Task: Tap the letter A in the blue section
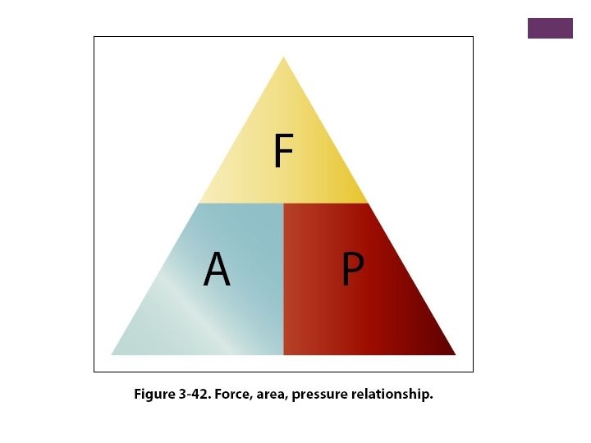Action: pos(217,269)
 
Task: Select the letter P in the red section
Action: pos(352,269)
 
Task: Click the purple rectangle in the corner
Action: pos(550,28)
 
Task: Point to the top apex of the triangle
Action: pos(283,57)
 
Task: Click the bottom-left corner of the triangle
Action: pos(112,354)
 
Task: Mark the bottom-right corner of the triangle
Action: pos(455,354)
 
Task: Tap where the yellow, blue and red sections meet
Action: pos(283,203)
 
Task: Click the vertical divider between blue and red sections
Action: pos(283,279)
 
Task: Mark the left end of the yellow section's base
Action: pos(199,203)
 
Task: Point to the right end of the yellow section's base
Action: pos(368,203)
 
